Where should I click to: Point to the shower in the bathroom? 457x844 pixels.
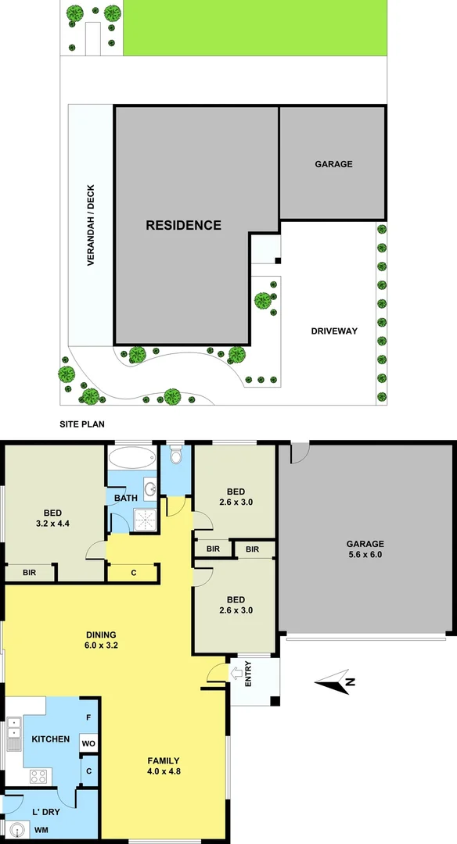[145, 518]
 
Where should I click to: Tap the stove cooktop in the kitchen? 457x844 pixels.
[38, 776]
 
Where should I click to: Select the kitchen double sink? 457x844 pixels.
[13, 734]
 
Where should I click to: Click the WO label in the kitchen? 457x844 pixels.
[88, 744]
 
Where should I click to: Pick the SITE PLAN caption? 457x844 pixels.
[83, 425]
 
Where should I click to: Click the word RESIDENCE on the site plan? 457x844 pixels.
[184, 225]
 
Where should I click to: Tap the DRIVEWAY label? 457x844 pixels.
[335, 331]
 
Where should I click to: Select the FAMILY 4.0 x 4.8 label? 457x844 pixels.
[163, 766]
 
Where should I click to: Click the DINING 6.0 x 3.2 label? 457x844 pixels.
[102, 640]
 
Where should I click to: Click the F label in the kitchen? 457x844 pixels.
[88, 717]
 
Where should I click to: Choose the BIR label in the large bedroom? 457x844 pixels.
[29, 573]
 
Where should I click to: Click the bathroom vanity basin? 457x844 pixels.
[150, 488]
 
